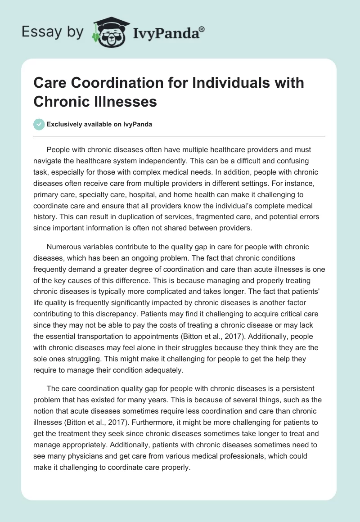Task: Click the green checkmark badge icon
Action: click(x=39, y=125)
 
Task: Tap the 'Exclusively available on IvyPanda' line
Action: click(x=99, y=125)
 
